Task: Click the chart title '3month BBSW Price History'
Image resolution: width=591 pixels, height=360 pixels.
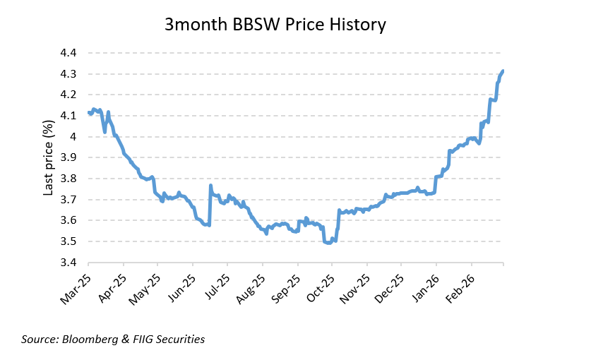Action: click(x=275, y=25)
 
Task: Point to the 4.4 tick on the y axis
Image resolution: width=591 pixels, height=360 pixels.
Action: click(x=69, y=53)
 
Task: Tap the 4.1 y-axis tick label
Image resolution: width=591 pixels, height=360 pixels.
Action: click(x=69, y=116)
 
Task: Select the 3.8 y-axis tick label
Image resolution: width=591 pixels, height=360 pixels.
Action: click(x=69, y=179)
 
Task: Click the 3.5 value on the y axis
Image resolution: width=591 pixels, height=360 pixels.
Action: click(x=69, y=241)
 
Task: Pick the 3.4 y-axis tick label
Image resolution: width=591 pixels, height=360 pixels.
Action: click(x=69, y=263)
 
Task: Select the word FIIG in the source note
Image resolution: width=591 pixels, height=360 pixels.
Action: click(x=143, y=340)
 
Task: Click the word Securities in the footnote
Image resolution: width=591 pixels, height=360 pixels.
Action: click(x=181, y=340)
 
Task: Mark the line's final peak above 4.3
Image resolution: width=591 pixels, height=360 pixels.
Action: click(x=503, y=71)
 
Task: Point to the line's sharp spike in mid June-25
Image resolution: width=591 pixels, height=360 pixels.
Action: click(x=210, y=186)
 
